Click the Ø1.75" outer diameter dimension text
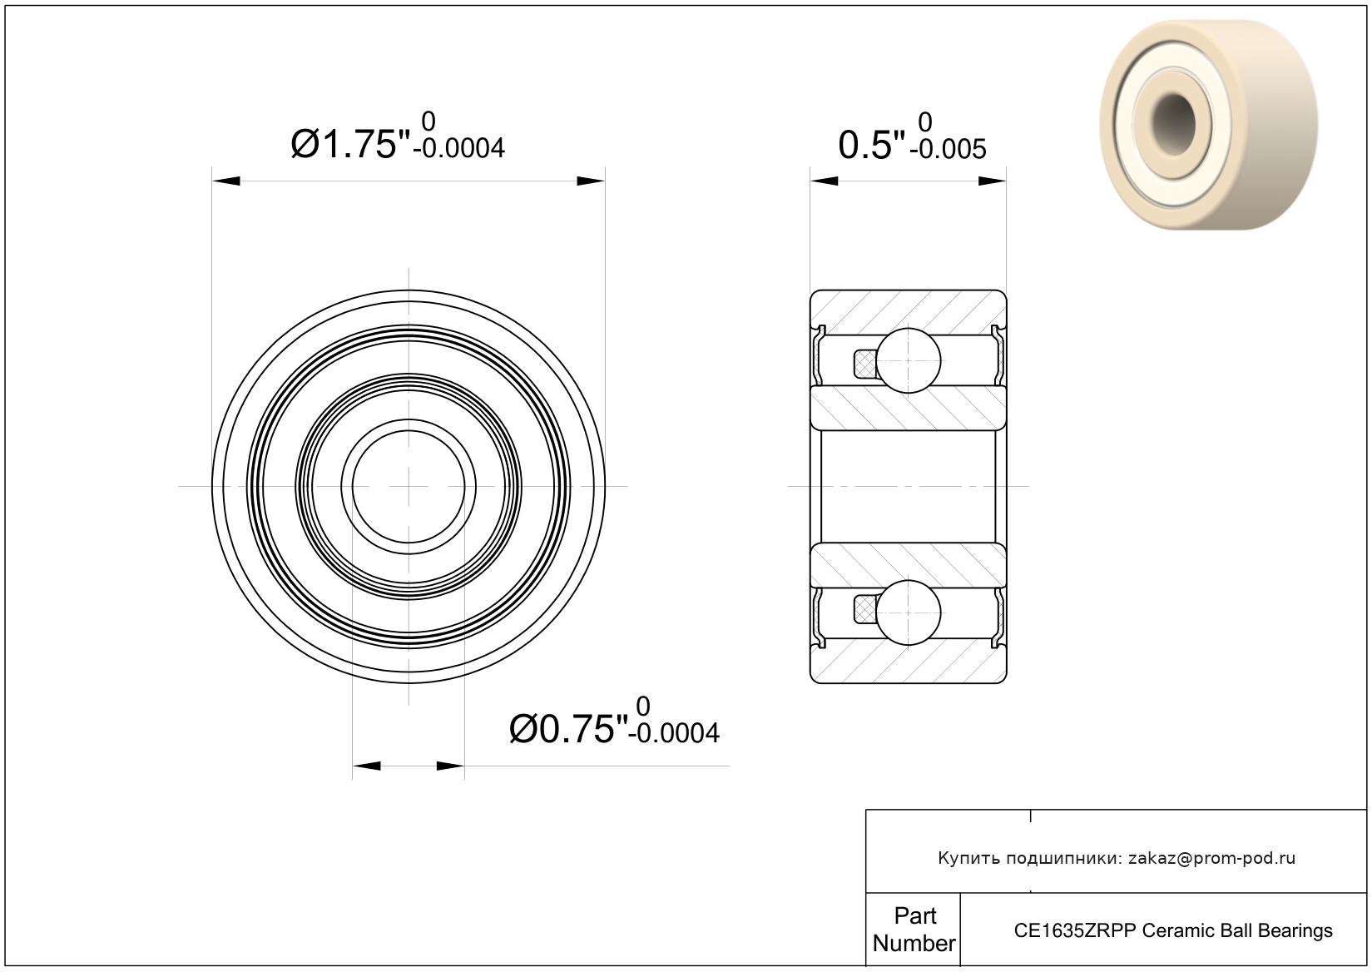(x=349, y=145)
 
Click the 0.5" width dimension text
(x=871, y=146)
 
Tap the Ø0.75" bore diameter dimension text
(x=569, y=729)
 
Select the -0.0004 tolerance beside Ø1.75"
(x=459, y=148)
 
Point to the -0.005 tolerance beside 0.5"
(x=949, y=150)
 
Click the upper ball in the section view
(x=909, y=360)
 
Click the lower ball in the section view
(x=909, y=612)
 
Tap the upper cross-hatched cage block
(x=864, y=364)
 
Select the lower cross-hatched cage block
(x=864, y=609)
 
